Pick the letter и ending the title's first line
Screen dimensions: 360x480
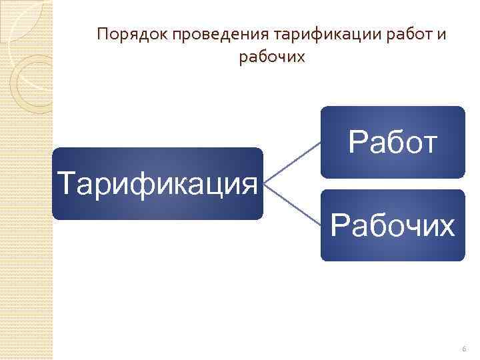(442, 35)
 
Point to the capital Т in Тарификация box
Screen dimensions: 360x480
(67, 181)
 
